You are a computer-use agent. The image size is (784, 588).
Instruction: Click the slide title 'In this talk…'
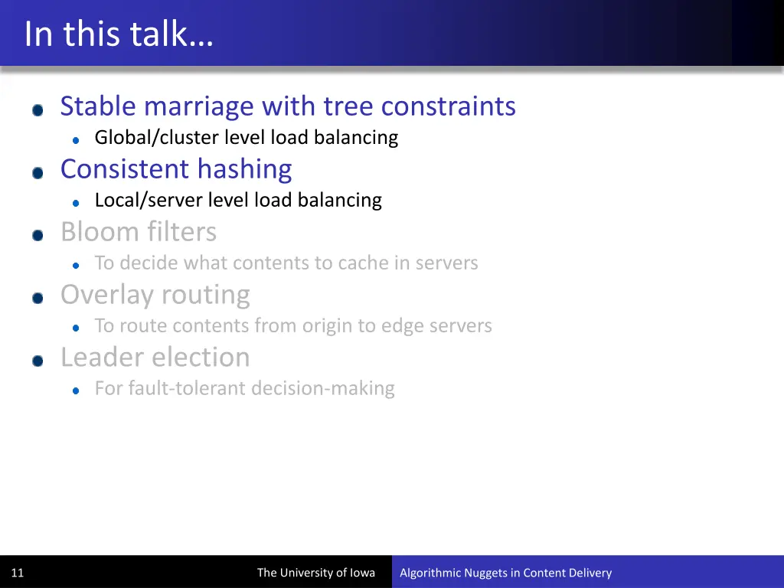click(x=118, y=34)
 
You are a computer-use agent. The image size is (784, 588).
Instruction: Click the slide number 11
click(x=18, y=573)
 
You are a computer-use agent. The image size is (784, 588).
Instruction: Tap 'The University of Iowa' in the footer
click(x=315, y=573)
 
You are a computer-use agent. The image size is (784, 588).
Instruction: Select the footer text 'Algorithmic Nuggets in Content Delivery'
click(x=505, y=573)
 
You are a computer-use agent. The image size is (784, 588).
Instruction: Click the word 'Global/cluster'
click(x=157, y=138)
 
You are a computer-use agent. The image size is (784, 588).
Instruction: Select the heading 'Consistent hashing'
click(x=176, y=169)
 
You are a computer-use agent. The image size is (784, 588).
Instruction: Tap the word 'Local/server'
click(x=148, y=201)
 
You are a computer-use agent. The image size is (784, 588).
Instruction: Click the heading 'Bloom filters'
click(x=139, y=232)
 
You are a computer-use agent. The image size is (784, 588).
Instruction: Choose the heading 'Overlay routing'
click(x=155, y=295)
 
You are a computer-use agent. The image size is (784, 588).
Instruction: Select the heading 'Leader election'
click(x=155, y=358)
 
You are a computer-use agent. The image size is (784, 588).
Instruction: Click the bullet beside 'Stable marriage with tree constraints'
click(x=38, y=110)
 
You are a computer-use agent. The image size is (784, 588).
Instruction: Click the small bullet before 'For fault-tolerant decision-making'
click(x=76, y=390)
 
